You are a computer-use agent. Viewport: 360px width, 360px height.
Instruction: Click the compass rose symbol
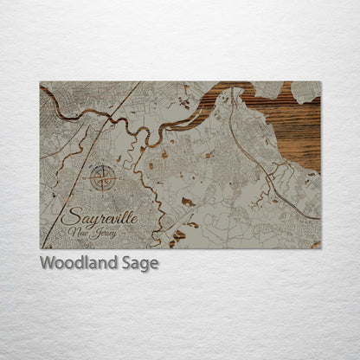point(103,179)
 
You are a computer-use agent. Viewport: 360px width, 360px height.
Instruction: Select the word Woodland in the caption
point(80,263)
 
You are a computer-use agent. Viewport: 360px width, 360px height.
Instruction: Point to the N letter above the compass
point(103,166)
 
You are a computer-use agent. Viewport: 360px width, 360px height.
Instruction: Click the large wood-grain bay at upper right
point(294,121)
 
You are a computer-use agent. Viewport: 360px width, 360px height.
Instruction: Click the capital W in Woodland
point(46,263)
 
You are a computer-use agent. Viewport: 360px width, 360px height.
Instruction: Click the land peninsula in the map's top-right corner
point(307,88)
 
